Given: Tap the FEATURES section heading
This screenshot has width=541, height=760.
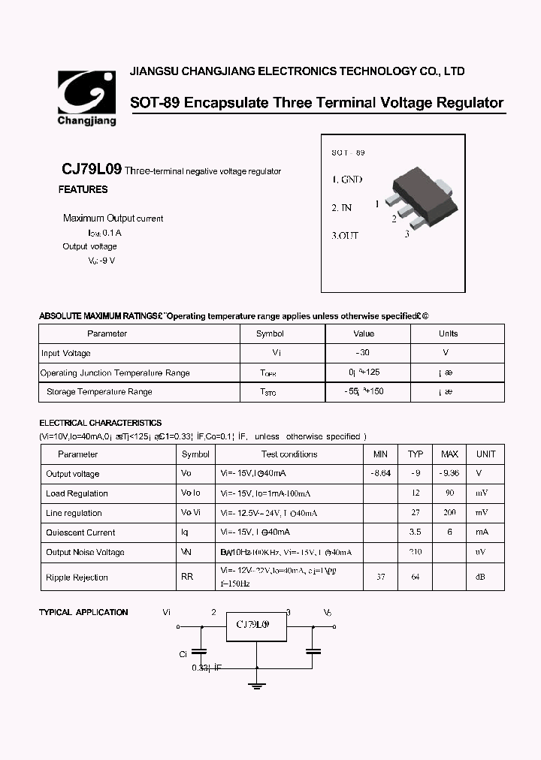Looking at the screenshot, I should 83,190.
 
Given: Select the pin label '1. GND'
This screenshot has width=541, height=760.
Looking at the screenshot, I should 347,180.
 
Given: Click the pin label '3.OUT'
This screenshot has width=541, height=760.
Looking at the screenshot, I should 345,236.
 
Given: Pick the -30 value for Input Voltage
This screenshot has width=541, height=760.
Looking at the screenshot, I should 364,353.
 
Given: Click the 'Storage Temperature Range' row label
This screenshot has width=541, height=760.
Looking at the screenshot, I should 99,392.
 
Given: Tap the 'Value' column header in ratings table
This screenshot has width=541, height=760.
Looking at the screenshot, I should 364,333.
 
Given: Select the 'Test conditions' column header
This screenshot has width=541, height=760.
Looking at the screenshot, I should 289,454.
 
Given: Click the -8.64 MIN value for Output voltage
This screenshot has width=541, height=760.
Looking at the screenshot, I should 380,474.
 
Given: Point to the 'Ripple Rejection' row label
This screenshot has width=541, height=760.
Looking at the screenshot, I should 77,578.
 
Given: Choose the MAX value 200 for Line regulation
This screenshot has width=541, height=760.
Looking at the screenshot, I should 449,513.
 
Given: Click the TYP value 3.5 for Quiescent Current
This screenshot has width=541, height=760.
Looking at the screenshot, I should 415,532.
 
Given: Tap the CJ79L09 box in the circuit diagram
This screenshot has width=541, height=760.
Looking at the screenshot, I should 258,626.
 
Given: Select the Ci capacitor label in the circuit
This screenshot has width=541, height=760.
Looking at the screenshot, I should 183,654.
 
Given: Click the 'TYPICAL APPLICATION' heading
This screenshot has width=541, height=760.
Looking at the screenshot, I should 83,613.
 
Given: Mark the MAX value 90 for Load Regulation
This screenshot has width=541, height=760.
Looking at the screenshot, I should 449,493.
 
